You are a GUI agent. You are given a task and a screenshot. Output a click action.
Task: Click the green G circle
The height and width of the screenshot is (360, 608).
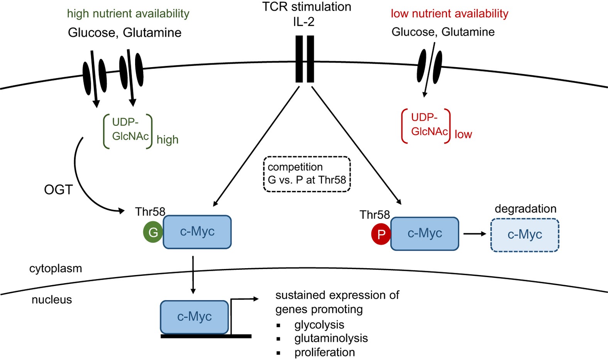point(153,232)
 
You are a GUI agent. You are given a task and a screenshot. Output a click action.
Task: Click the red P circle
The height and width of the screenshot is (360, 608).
point(381,234)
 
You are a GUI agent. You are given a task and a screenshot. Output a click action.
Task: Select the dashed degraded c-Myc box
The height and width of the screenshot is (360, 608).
point(525,235)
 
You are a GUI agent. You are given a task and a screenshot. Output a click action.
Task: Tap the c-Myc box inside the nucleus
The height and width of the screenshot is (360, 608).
point(194,317)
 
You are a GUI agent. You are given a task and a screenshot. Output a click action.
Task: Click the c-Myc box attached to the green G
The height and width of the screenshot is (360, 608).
point(197,232)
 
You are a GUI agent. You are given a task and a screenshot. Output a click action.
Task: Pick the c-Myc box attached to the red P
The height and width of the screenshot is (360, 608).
point(425,234)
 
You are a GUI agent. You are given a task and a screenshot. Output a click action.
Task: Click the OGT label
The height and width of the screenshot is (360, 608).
point(58,190)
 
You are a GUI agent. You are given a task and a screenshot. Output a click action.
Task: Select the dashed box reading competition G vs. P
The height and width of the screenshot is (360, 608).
point(307,174)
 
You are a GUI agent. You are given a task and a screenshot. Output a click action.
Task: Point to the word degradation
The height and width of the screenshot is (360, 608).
point(525,209)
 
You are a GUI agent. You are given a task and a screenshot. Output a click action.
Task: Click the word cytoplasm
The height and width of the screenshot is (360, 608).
point(56,268)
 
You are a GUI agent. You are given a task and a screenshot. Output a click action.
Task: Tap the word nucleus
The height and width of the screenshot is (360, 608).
point(52,300)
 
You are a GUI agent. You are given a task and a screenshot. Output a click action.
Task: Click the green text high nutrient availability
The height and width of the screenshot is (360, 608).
point(128,14)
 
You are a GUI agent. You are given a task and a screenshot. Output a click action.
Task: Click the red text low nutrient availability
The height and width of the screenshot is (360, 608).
point(449,14)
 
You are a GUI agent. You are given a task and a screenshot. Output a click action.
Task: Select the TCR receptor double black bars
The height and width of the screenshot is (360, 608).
point(305,59)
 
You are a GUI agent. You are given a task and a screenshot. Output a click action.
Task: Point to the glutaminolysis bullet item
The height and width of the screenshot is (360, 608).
point(331,338)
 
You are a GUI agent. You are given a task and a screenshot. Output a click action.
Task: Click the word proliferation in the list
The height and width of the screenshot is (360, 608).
point(324,352)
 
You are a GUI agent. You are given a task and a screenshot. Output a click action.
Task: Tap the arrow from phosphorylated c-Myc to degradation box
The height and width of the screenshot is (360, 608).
point(474,234)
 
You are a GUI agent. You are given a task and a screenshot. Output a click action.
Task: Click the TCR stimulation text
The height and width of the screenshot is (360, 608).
point(307,7)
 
